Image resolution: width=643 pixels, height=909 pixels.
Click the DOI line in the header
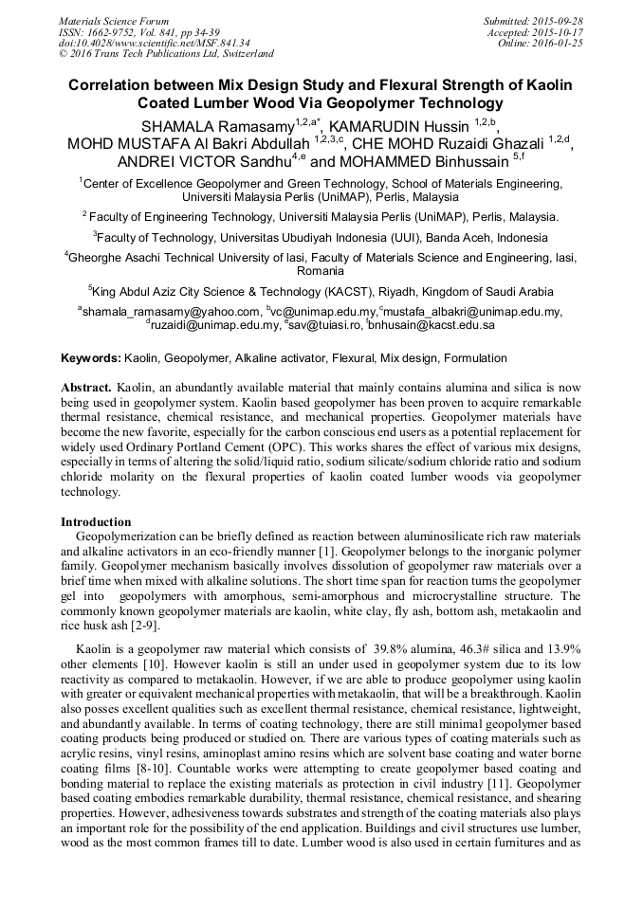pos(155,43)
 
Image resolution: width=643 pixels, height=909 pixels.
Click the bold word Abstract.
pos(87,389)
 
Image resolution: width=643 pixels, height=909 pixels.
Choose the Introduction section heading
pos(96,522)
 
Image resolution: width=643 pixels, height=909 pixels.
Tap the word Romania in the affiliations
pos(321,271)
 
